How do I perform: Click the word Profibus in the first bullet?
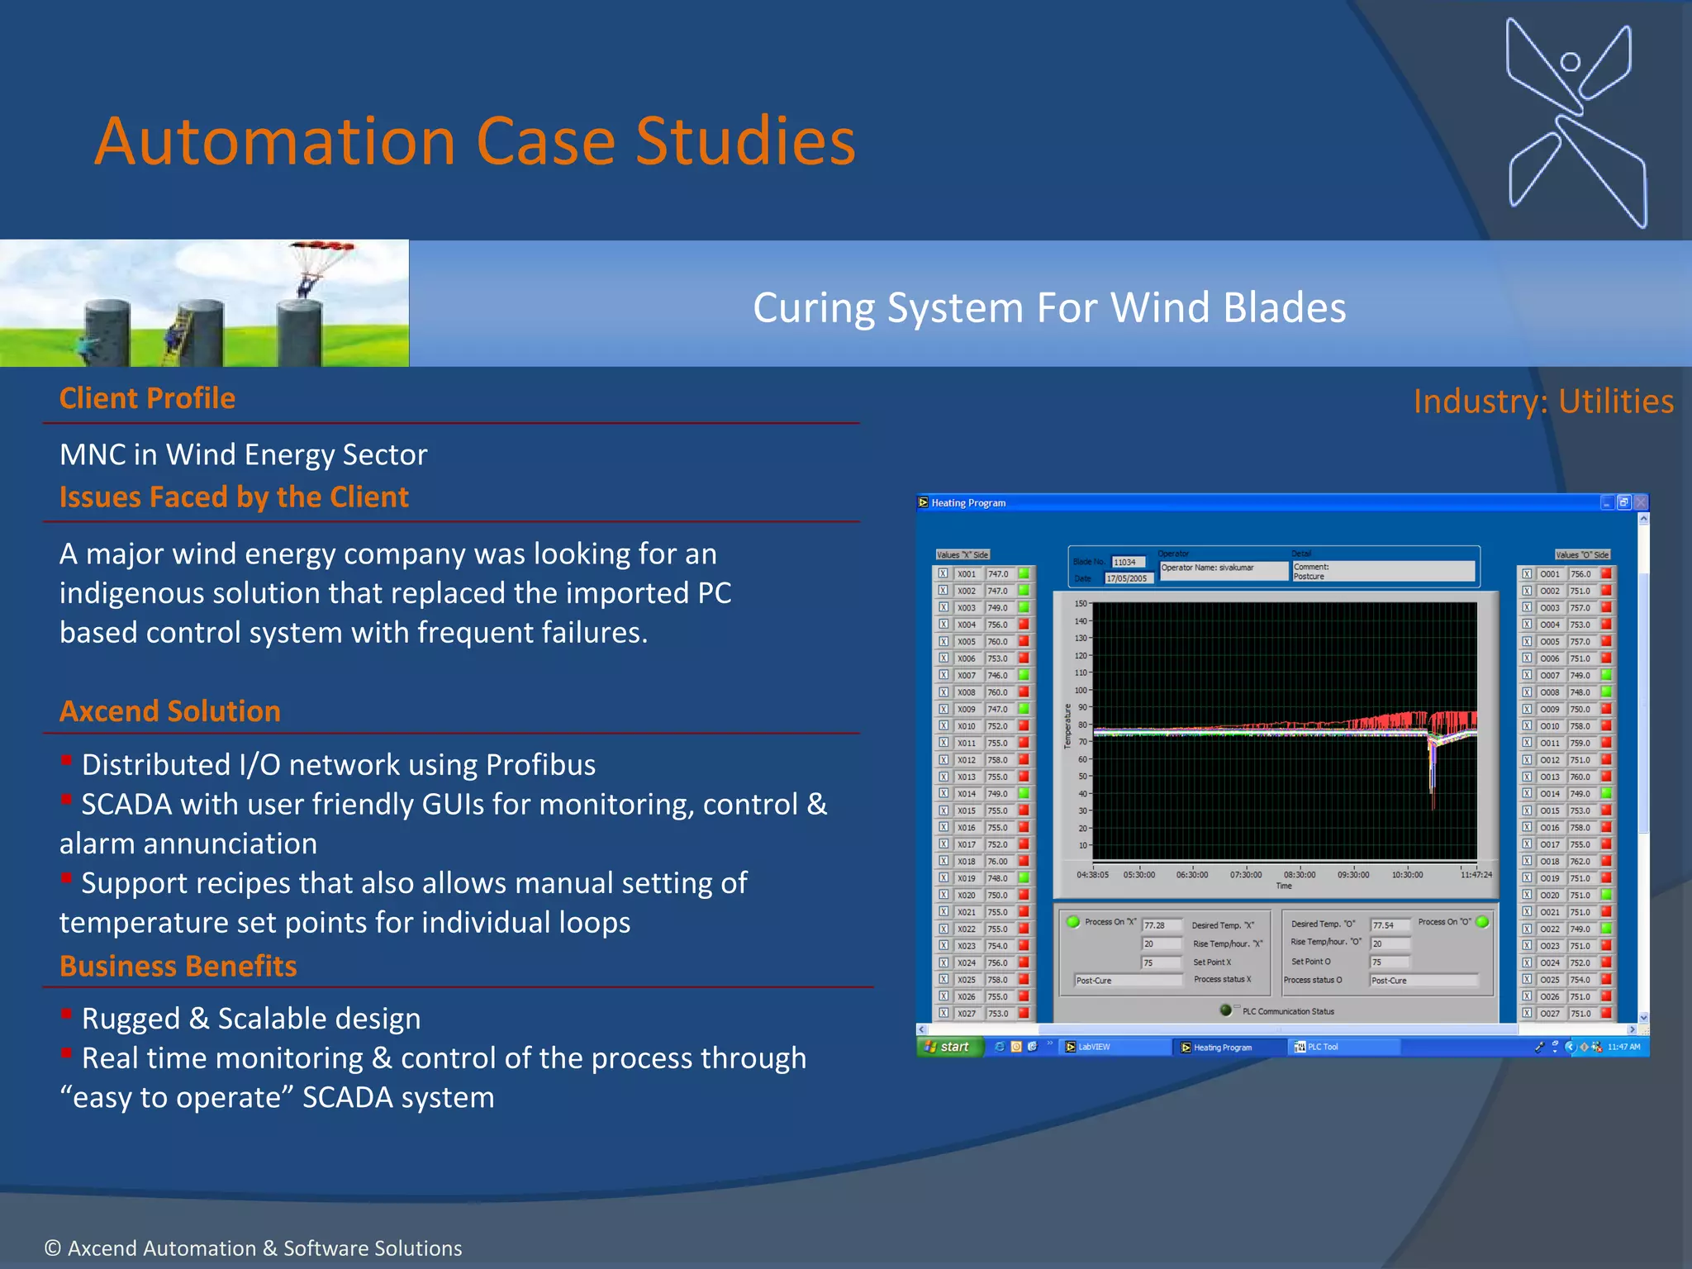540,765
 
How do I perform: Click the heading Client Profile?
147,398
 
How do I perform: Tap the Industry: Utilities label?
1542,402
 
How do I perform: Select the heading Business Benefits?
178,966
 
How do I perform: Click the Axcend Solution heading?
169,711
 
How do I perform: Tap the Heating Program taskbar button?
1220,1048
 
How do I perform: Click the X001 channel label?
966,574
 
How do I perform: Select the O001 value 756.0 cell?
1580,574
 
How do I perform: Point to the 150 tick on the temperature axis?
1081,604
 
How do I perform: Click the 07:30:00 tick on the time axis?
1245,875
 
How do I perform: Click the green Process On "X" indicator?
1073,922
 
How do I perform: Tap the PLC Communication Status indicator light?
1225,1010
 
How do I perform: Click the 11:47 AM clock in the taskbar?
1623,1047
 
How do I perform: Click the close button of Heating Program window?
1641,502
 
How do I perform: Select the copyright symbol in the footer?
52,1248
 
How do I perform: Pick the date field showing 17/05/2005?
1126,578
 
